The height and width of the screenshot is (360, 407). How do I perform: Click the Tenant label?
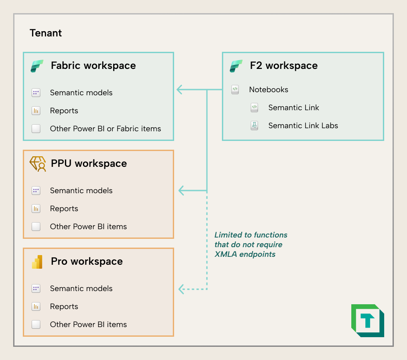(46, 33)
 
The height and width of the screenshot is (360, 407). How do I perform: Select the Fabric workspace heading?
(93, 66)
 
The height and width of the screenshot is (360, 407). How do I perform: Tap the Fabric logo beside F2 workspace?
(236, 66)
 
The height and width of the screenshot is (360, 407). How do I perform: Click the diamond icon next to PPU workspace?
(37, 163)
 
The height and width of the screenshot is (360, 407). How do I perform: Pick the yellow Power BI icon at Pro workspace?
(37, 262)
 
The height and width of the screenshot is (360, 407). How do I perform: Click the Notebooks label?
(268, 90)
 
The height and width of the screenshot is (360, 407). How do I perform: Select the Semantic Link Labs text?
(303, 126)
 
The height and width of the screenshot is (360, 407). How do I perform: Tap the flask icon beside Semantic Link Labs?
(254, 126)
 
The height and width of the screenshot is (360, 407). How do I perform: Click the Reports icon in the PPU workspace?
(36, 209)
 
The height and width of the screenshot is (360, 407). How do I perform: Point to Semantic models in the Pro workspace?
(81, 288)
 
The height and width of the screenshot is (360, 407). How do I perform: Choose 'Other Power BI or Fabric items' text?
(105, 129)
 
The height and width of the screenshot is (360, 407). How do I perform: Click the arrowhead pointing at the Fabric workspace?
(180, 90)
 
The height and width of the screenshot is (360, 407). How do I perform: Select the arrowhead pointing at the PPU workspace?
(182, 191)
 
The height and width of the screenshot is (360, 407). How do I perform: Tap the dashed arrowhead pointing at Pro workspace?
(182, 289)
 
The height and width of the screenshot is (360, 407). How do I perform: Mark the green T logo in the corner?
(368, 320)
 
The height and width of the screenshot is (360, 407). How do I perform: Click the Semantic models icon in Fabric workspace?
(36, 93)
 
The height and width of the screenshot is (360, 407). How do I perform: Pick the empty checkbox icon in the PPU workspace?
(36, 227)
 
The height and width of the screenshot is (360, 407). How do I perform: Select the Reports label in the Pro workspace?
(64, 306)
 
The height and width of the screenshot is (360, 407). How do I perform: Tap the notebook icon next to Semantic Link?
(254, 108)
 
